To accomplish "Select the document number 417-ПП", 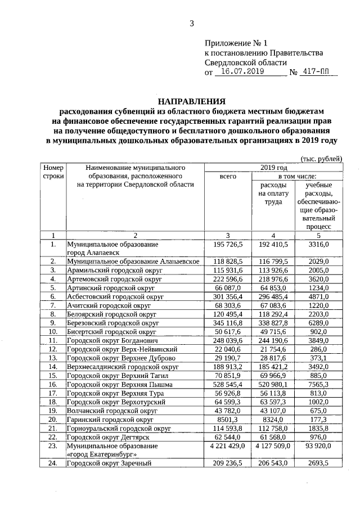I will point(317,73).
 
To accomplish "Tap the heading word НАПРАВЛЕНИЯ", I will point(191,102).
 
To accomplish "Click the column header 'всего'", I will point(228,176).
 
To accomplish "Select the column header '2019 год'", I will point(274,167).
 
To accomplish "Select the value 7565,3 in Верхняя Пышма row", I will point(318,384).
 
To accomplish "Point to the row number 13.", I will point(53,358).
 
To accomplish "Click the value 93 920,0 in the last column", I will point(318,445).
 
